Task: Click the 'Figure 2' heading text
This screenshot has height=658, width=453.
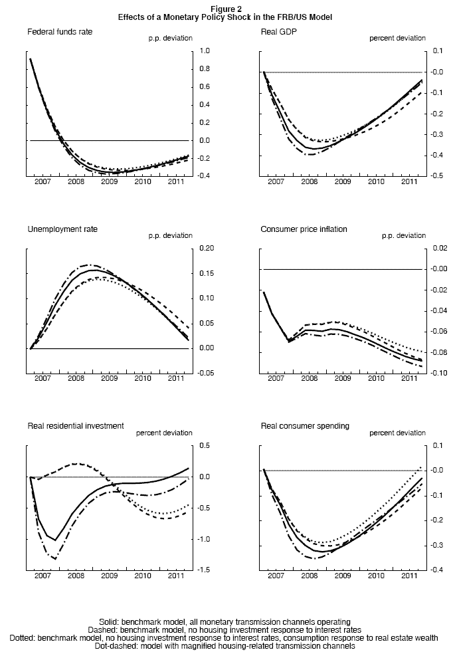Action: pyautogui.click(x=226, y=9)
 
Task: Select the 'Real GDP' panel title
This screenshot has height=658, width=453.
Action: pyautogui.click(x=278, y=31)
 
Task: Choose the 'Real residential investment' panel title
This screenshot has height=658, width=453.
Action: pyautogui.click(x=75, y=425)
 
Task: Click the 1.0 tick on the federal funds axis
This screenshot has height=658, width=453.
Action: pyautogui.click(x=205, y=51)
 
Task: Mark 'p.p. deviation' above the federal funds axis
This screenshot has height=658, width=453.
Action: pyautogui.click(x=170, y=39)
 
